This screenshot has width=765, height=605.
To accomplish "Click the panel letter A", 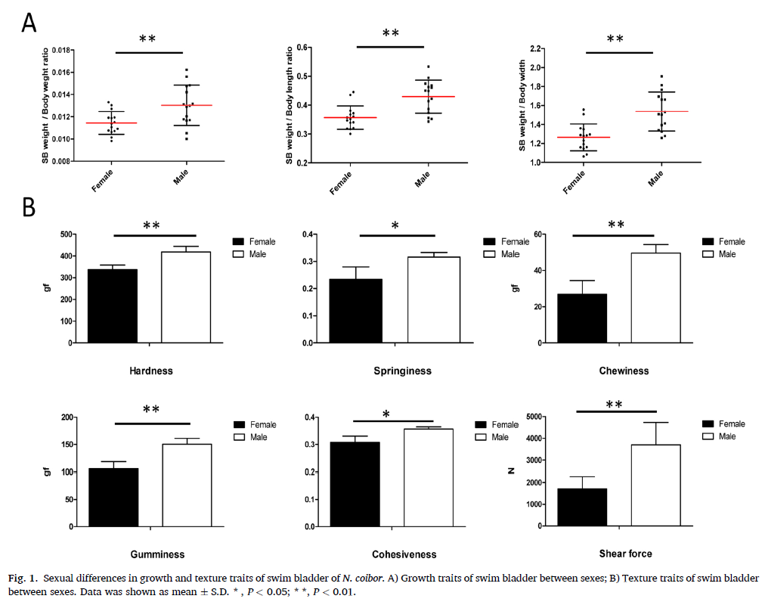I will pos(29,23).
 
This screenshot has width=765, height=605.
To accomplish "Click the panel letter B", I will pos(29,206).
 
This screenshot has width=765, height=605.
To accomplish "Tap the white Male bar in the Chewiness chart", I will pos(656,297).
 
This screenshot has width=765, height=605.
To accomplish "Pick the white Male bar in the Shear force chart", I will pos(656,485).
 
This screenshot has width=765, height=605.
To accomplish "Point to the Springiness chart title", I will pos(402,371).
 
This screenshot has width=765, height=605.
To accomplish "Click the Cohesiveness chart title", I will pos(404,554).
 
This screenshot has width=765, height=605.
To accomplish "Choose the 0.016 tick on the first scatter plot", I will pos(61,73).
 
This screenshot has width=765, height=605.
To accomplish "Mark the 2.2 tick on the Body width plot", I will pos(534,49).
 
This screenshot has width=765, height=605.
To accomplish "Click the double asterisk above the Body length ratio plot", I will pos(390,34).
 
